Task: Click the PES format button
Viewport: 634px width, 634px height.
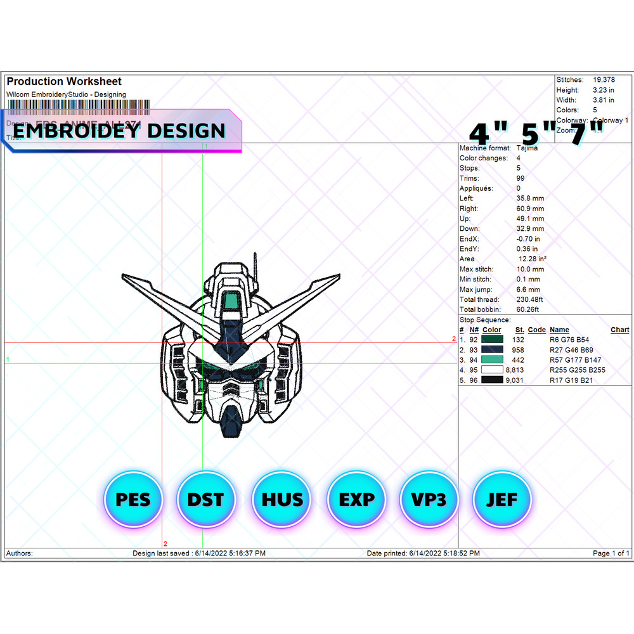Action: click(133, 500)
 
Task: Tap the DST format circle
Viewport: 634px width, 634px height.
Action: click(205, 500)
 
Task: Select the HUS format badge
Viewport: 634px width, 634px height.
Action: click(281, 500)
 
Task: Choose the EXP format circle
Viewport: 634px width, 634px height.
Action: click(356, 500)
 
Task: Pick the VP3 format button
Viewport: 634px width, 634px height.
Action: click(429, 500)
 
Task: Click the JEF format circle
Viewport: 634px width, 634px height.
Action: click(501, 500)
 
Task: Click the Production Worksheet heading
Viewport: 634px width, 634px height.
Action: click(64, 81)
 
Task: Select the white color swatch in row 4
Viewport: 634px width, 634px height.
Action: click(492, 370)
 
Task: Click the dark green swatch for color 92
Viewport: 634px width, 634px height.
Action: click(492, 340)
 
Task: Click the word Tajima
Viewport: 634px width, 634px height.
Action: click(527, 148)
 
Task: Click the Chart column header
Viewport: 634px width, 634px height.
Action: click(619, 330)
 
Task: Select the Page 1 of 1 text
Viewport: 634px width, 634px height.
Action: click(611, 553)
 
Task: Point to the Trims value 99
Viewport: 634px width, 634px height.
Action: click(521, 178)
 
